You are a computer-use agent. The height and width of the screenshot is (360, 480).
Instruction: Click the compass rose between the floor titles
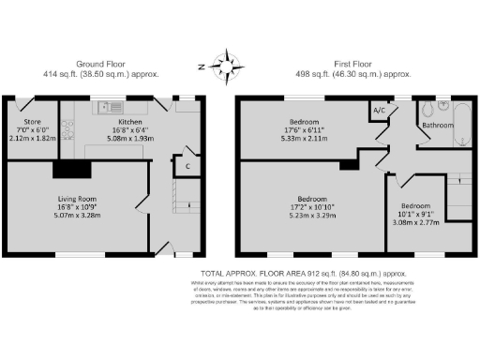[x=225, y=67]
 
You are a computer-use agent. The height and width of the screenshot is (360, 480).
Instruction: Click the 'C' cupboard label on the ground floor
[x=187, y=167]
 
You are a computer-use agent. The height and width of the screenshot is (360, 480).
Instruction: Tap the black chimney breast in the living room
[x=70, y=169]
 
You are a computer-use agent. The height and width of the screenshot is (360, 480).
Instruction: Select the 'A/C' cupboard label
[x=380, y=111]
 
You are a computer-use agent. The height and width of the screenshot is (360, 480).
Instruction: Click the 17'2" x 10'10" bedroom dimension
[x=310, y=205]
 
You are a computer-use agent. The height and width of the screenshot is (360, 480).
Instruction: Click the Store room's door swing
[x=19, y=105]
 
